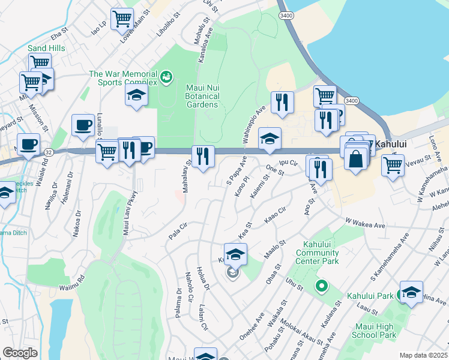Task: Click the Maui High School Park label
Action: (x=375, y=331)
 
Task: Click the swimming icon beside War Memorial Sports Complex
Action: (x=166, y=77)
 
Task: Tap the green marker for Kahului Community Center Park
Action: (x=322, y=287)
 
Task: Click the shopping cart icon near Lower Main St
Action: (x=122, y=19)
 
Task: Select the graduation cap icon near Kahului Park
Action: (x=411, y=292)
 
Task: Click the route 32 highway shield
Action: (x=47, y=153)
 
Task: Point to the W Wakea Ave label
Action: (x=365, y=223)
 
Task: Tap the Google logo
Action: (x=20, y=353)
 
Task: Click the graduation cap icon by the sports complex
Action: (x=136, y=95)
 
